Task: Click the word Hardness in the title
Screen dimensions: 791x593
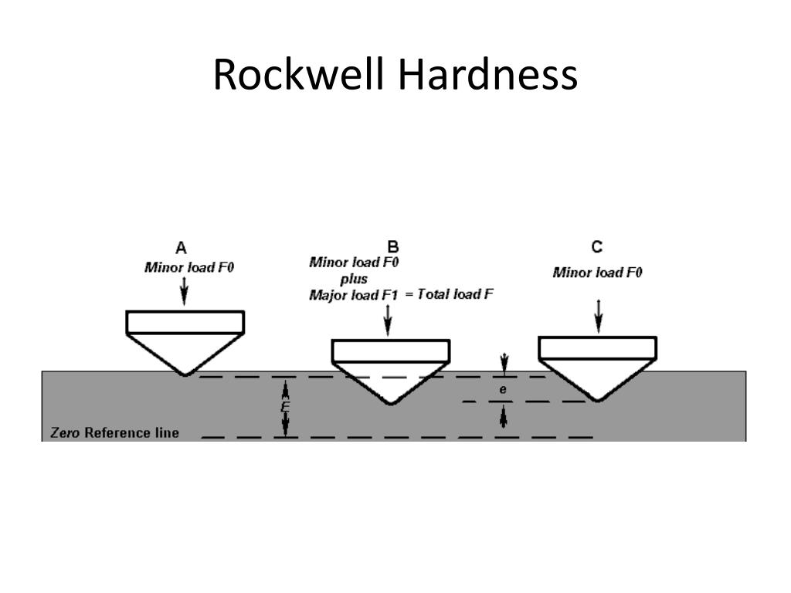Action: (x=488, y=74)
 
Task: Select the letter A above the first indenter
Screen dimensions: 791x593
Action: (x=181, y=248)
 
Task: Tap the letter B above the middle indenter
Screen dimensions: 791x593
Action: (x=393, y=246)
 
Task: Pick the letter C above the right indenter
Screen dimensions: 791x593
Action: (x=597, y=246)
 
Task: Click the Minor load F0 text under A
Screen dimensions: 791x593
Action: (x=189, y=267)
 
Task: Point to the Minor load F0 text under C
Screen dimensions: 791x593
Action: (x=597, y=273)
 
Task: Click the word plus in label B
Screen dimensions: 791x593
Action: (x=354, y=280)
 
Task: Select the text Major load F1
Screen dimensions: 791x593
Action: (x=354, y=295)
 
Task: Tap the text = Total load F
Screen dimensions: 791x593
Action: (x=449, y=294)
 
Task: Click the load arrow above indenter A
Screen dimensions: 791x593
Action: (x=184, y=290)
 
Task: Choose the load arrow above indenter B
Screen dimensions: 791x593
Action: (x=388, y=320)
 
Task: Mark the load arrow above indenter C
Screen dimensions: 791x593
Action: (x=599, y=316)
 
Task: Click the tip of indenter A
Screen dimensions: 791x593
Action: (x=185, y=374)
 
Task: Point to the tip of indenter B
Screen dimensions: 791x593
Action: (x=391, y=403)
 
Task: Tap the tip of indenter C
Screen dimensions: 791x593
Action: (x=598, y=401)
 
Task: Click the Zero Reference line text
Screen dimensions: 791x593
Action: (x=114, y=432)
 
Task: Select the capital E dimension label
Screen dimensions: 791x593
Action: (x=285, y=408)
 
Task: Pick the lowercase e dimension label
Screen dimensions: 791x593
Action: (x=502, y=390)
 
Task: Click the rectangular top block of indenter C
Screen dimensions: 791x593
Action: (x=598, y=347)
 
